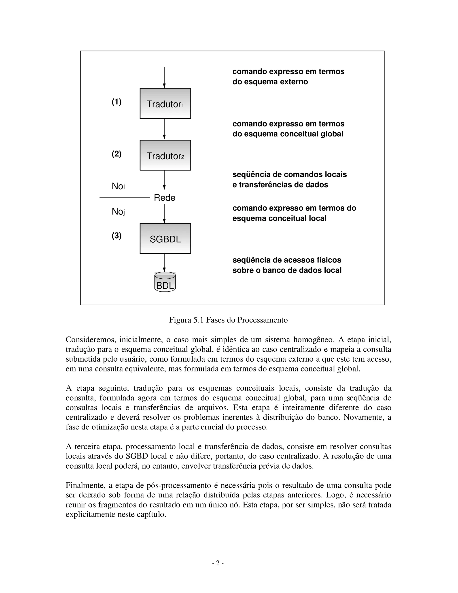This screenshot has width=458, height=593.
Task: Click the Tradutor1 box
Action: click(x=165, y=103)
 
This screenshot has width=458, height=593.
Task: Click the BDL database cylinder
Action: click(x=165, y=282)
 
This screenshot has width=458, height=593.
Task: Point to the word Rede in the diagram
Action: click(x=164, y=198)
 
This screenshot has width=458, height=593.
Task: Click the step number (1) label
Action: click(x=117, y=102)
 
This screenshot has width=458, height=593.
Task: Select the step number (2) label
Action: click(x=117, y=154)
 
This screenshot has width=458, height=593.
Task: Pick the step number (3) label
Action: click(x=117, y=236)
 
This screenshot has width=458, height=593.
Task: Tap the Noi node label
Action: click(x=118, y=186)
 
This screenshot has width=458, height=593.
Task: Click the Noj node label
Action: click(x=118, y=211)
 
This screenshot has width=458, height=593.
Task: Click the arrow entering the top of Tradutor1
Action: click(x=164, y=77)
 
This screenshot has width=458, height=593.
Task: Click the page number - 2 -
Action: click(x=218, y=563)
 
